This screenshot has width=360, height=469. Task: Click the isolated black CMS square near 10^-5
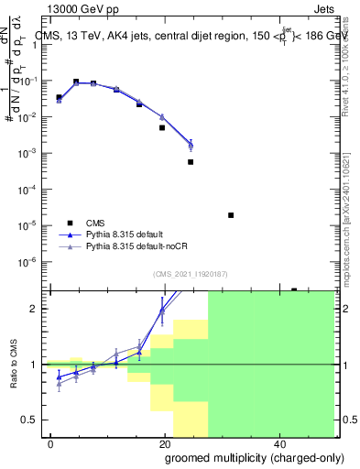tap(231, 215)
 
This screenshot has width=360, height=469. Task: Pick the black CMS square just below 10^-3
tap(191, 162)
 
